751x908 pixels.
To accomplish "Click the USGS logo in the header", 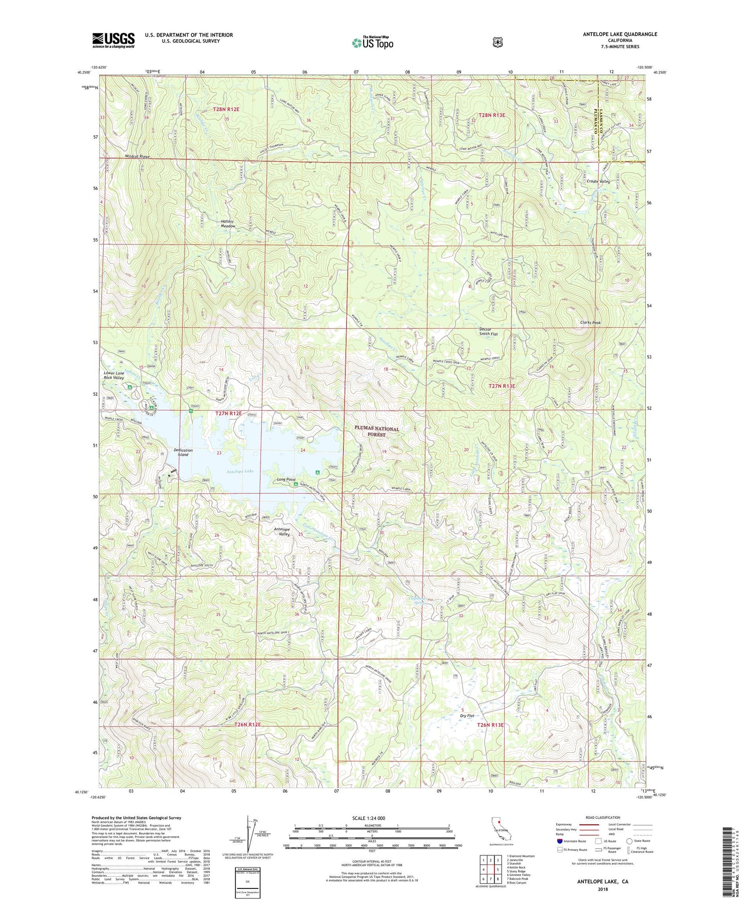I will point(113,40).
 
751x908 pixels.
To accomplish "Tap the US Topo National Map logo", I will point(372,43).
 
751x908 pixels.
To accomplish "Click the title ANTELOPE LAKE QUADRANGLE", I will point(620,35).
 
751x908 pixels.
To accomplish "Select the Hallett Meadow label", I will point(228,224).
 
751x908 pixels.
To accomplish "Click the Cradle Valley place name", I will point(598,182).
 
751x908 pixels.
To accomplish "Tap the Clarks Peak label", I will point(590,323).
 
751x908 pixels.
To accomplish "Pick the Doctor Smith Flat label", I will point(488,332).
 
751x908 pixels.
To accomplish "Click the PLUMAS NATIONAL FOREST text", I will point(377,432).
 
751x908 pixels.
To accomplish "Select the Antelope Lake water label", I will point(240,471).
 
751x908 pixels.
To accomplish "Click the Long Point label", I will point(286,480).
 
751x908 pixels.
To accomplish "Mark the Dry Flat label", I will point(467,716).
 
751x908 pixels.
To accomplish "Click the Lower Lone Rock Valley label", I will point(115,376).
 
